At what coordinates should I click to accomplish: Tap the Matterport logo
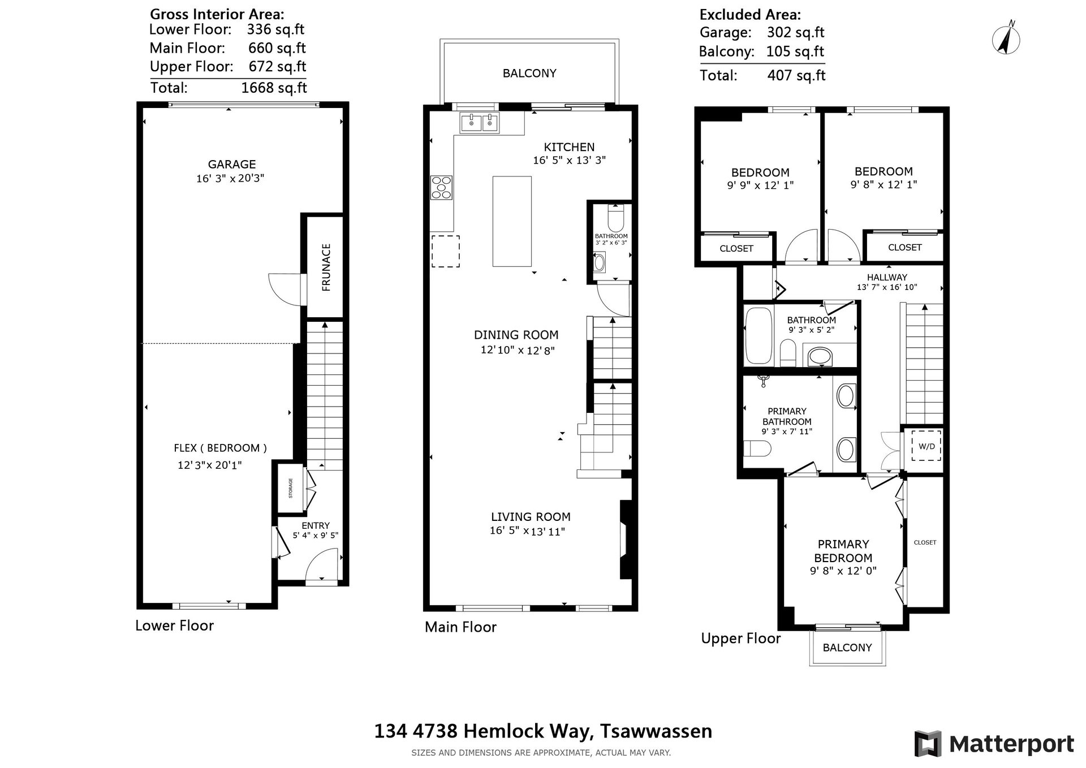[x=994, y=744]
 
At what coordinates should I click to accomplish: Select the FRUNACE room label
[x=326, y=267]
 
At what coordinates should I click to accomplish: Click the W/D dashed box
[x=926, y=446]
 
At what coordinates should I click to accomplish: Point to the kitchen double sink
[x=480, y=123]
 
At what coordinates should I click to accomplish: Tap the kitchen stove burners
[x=441, y=188]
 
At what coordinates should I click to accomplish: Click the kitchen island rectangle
[x=512, y=221]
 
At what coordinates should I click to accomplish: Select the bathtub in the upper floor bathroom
[x=757, y=335]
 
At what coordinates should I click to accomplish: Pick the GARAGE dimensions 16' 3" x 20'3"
[x=230, y=179]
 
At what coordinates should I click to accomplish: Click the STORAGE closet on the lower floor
[x=291, y=487]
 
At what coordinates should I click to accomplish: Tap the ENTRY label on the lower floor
[x=315, y=525]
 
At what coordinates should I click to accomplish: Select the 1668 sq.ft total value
[x=274, y=88]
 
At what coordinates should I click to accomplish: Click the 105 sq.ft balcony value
[x=795, y=51]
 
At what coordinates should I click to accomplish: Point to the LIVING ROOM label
[x=531, y=516]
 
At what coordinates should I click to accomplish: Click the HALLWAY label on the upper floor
[x=887, y=277]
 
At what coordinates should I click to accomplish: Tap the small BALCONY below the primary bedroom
[x=847, y=648]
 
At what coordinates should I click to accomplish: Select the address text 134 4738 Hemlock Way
[x=483, y=731]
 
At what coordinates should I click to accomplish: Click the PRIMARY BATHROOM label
[x=787, y=416]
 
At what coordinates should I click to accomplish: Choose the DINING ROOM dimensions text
[x=518, y=350]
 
